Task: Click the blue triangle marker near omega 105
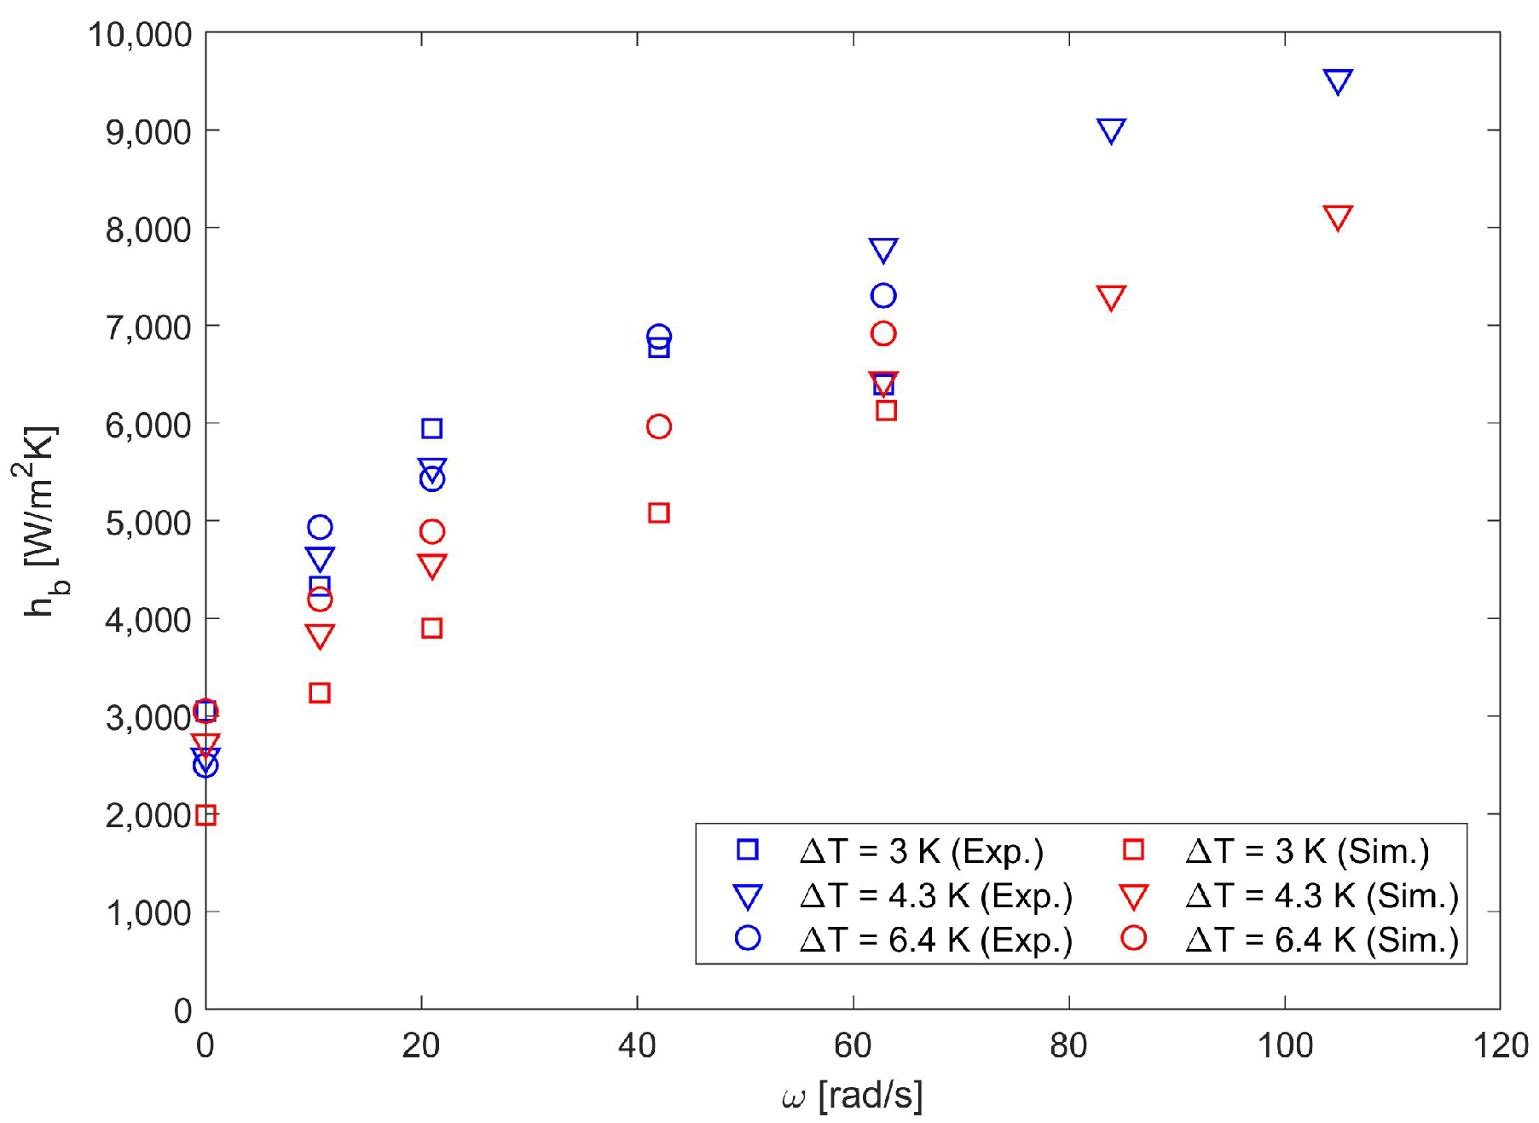tap(1337, 81)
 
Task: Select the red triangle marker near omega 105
tap(1337, 217)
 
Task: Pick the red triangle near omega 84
tap(1110, 297)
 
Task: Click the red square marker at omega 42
tap(658, 512)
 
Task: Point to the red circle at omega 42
tap(658, 426)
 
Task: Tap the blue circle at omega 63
tap(883, 296)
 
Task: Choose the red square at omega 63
tap(886, 410)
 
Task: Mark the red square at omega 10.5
tap(319, 692)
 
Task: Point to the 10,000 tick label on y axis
tap(140, 35)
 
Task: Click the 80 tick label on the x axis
tap(1068, 1045)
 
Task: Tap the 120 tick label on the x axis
tap(1501, 1045)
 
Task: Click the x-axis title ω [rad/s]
tap(852, 1096)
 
